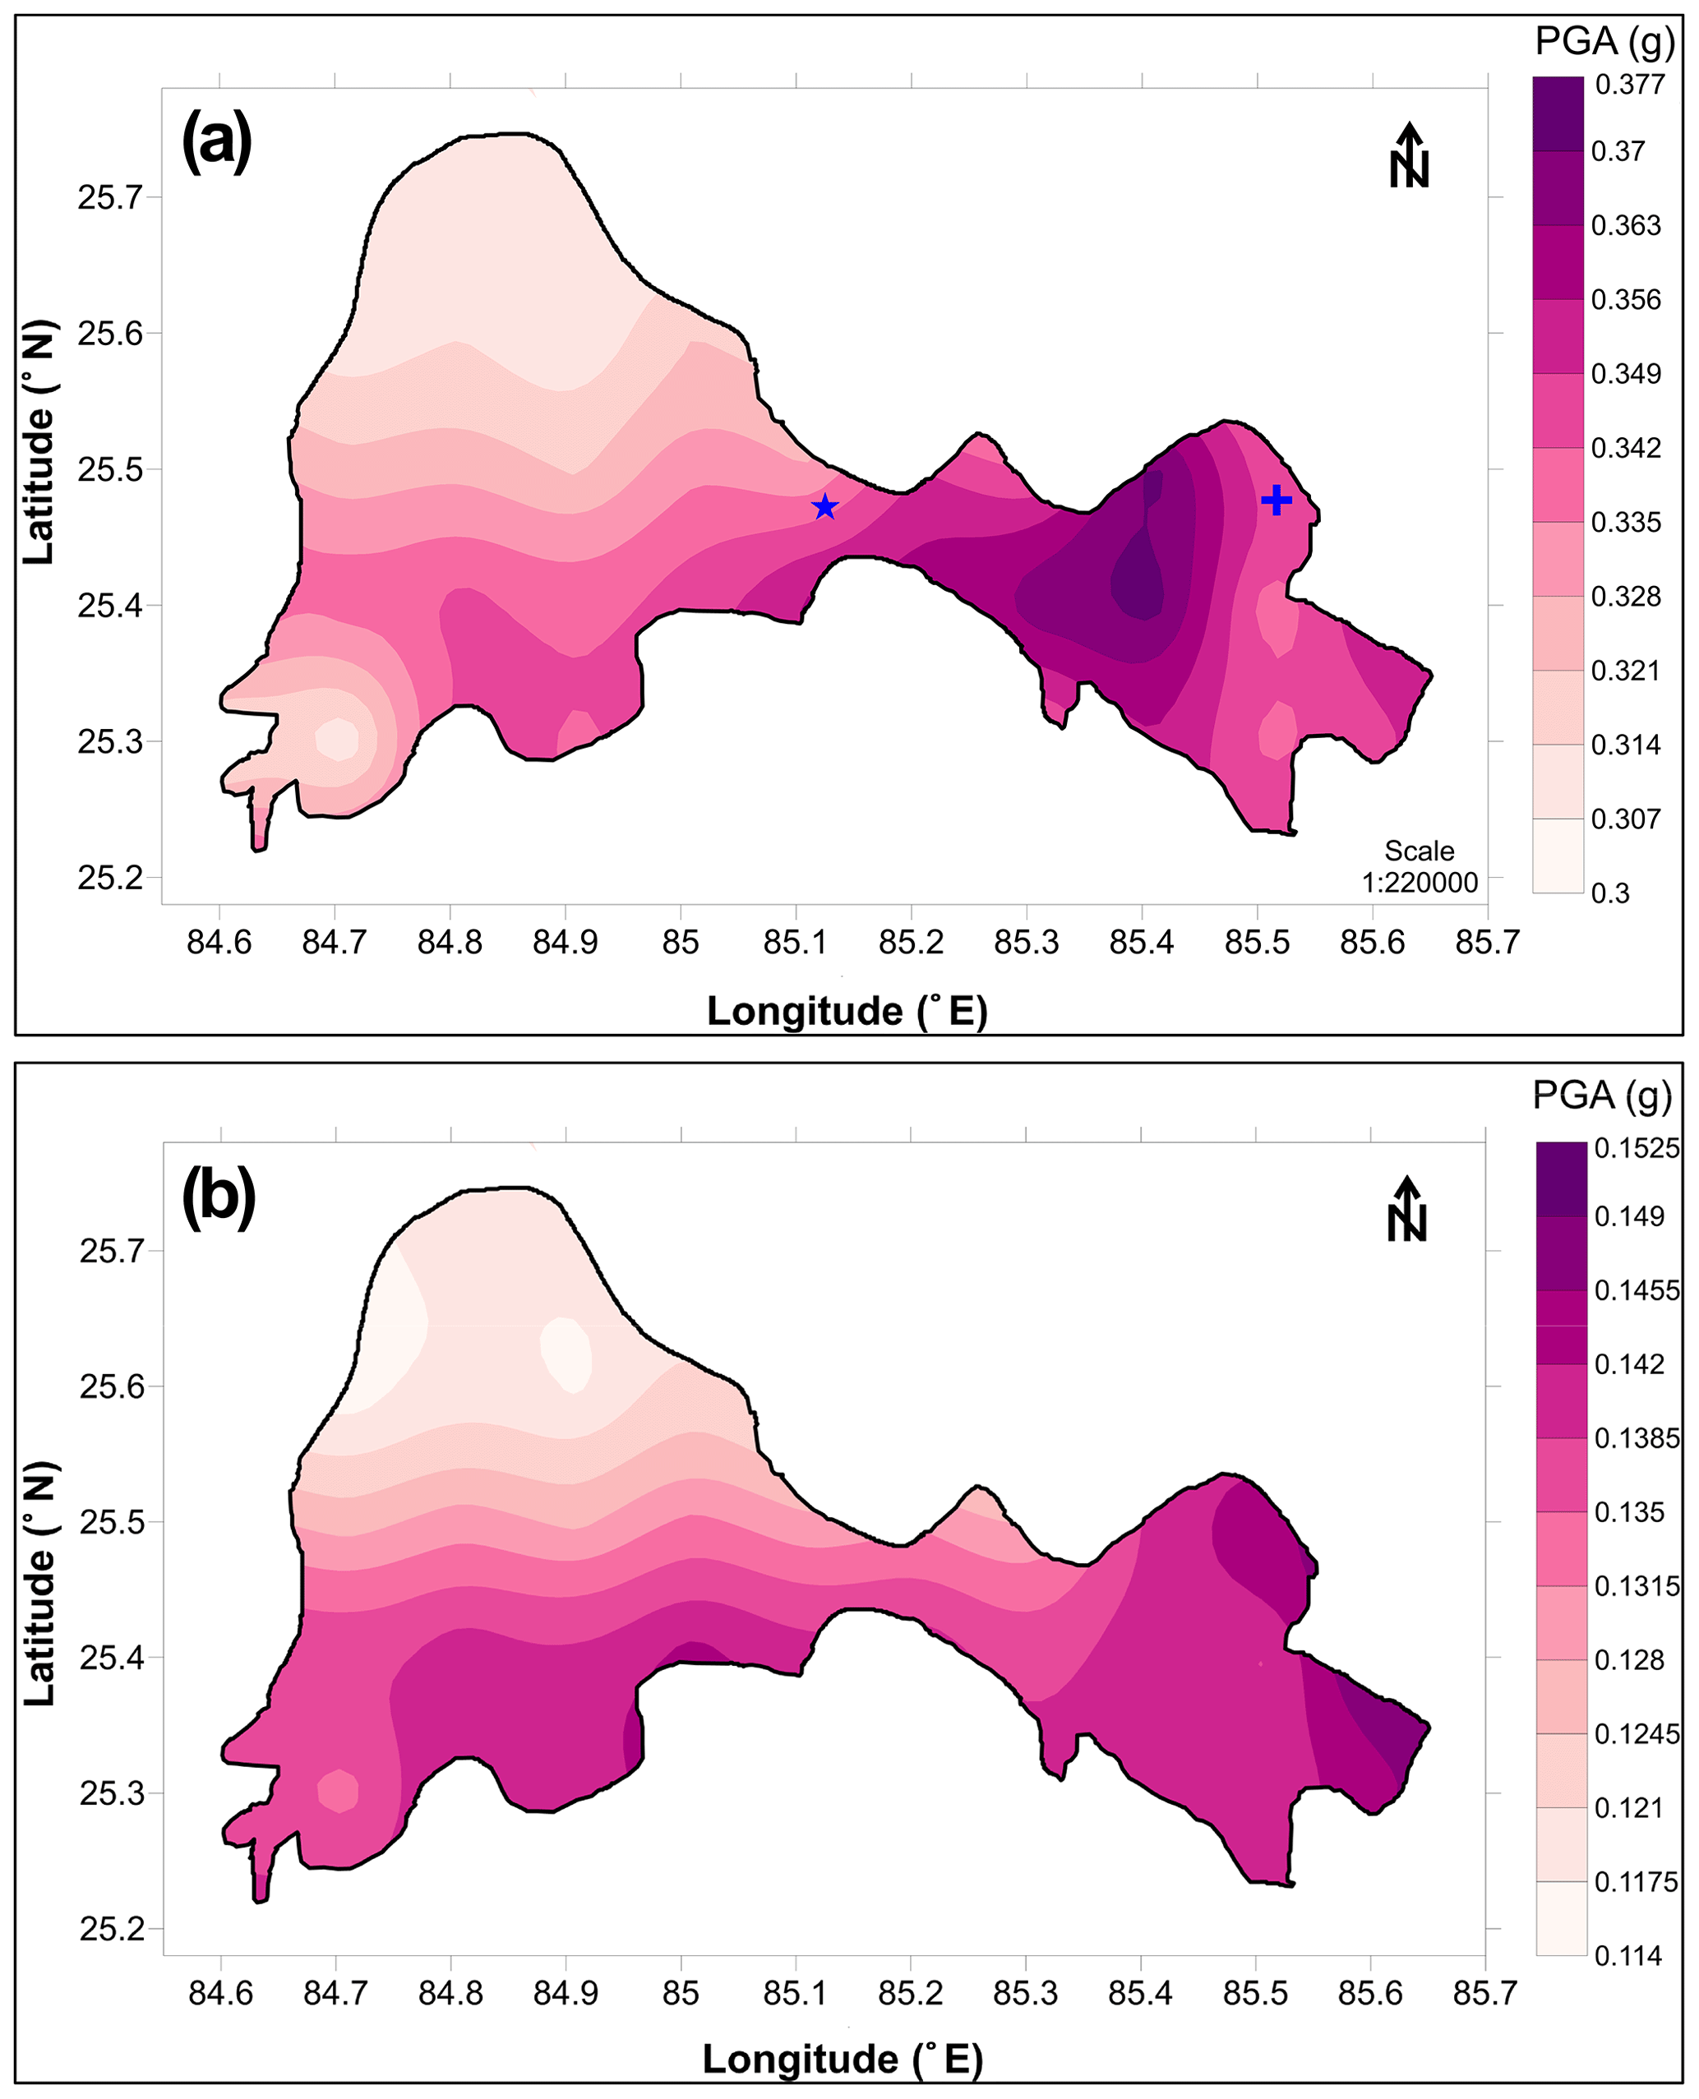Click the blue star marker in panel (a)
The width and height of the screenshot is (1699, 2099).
[825, 507]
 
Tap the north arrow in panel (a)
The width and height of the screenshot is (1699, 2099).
[1408, 157]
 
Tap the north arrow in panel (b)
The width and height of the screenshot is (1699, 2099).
[1406, 1210]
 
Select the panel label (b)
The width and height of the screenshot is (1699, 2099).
[219, 1196]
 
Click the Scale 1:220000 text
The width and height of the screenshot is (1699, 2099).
[1419, 867]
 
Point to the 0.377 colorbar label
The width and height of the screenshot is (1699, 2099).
[1629, 84]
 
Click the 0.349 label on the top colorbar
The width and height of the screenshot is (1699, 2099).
[1626, 374]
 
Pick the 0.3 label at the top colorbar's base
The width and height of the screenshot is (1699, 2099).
[1610, 893]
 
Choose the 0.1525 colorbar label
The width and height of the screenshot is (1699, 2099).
[1637, 1148]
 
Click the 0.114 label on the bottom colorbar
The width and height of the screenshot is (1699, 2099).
[1628, 1956]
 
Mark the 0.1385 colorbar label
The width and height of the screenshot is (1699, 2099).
[1637, 1438]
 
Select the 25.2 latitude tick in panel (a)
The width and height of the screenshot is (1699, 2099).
[109, 878]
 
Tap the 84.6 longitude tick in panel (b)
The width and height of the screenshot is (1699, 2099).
[220, 1993]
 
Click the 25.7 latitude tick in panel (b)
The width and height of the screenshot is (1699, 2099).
[112, 1251]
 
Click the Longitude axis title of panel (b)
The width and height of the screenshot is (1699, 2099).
[843, 2060]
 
